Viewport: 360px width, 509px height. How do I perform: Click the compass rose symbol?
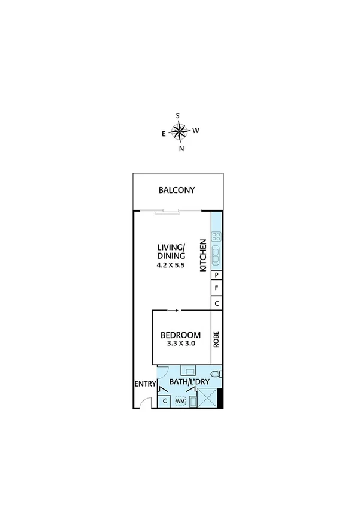(179, 130)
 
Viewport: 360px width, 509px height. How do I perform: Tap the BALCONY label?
(177, 191)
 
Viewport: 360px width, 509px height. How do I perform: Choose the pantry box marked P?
(217, 275)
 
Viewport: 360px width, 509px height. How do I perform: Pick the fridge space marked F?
(217, 289)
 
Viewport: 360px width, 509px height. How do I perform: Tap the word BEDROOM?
(180, 335)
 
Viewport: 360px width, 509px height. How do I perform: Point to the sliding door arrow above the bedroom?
(173, 311)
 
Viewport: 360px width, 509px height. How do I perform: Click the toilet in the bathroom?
(219, 375)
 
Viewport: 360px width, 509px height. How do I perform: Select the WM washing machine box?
(180, 400)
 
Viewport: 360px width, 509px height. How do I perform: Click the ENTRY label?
(144, 384)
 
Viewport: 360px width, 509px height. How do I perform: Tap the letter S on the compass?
(178, 116)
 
